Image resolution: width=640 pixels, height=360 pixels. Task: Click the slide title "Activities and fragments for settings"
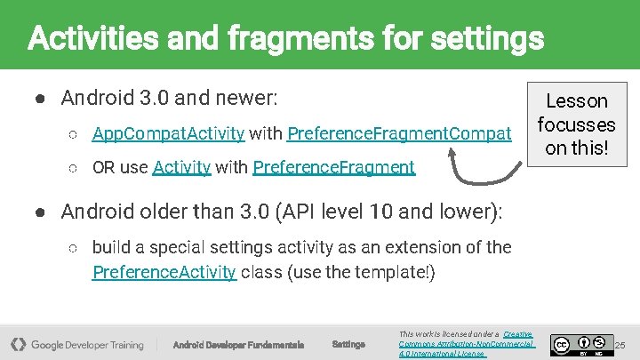pos(285,38)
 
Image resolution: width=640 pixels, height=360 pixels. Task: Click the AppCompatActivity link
pos(168,133)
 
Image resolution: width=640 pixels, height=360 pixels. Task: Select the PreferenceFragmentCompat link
pos(399,133)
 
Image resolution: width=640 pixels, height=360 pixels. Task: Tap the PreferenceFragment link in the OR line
pos(333,167)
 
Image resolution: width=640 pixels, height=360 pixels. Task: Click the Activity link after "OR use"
pos(181,167)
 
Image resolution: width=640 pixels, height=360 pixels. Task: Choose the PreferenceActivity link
pos(164,272)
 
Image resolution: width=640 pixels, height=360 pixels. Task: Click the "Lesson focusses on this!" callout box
pos(576,124)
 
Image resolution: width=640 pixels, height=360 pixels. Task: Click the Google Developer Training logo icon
pos(17,344)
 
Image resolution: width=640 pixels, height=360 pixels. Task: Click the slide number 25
pos(620,344)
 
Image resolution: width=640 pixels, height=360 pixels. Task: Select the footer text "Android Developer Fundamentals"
pos(238,345)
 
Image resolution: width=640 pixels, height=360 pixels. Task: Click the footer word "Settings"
pos(348,345)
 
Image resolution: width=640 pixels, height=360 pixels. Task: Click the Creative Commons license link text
pos(466,344)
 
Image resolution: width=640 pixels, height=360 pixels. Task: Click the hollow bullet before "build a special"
pos(74,247)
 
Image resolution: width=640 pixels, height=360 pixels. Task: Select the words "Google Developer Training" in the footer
pos(87,345)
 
